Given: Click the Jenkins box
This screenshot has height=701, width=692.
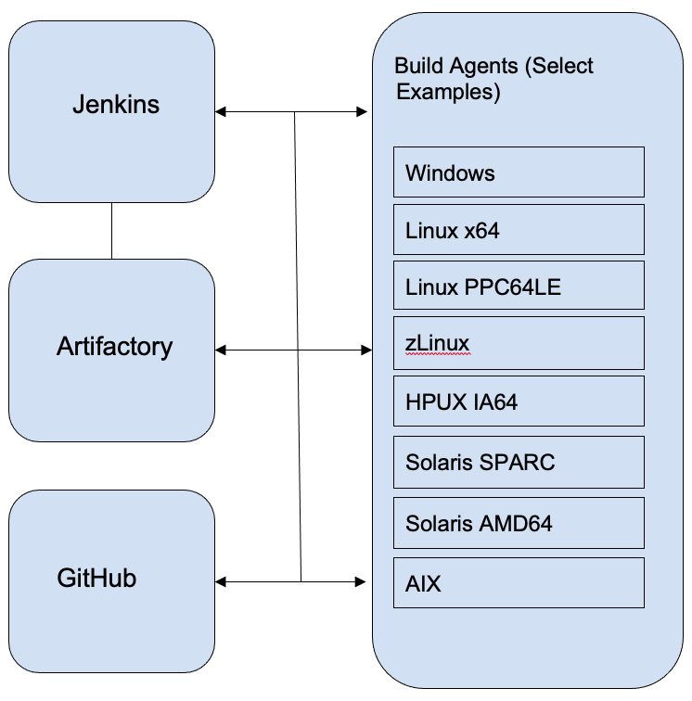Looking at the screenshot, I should pyautogui.click(x=111, y=111).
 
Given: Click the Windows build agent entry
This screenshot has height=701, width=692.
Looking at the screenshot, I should pyautogui.click(x=519, y=172).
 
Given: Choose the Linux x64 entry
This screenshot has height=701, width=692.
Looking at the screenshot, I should pyautogui.click(x=519, y=230).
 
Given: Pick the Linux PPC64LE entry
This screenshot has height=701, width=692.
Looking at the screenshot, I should pyautogui.click(x=519, y=287).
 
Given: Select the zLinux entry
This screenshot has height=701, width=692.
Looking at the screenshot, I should pyautogui.click(x=519, y=344).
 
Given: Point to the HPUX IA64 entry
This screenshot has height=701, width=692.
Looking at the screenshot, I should pyautogui.click(x=519, y=401).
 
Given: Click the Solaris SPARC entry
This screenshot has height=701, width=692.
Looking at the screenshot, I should pyautogui.click(x=519, y=462).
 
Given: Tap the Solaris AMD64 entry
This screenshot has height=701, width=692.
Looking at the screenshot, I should pyautogui.click(x=519, y=523).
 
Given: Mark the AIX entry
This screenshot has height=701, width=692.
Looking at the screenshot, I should pyautogui.click(x=519, y=583).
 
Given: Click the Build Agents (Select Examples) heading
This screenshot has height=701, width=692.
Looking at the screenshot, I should pyautogui.click(x=493, y=79).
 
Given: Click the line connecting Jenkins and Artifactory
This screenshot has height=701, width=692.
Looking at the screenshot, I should pyautogui.click(x=111, y=231).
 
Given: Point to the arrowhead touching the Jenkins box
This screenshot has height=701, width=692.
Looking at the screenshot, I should pyautogui.click(x=221, y=113).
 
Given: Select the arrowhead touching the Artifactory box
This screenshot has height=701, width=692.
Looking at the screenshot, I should pyautogui.click(x=221, y=350).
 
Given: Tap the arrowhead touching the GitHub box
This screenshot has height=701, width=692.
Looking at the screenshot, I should pyautogui.click(x=221, y=582).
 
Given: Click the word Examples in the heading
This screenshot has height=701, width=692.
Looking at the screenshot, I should pyautogui.click(x=448, y=93).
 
